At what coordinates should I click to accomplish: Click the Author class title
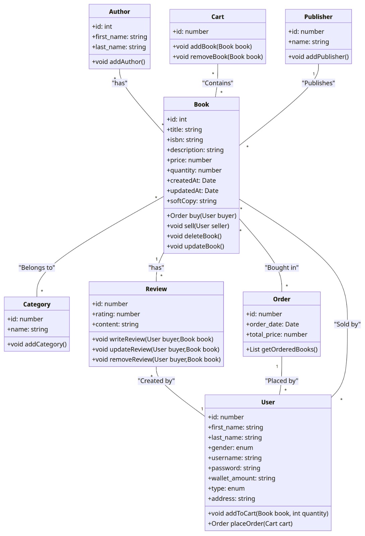(119, 11)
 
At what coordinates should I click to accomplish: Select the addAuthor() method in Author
(118, 62)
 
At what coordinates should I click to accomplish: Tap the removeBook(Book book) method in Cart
(218, 57)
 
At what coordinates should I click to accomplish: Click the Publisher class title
(318, 17)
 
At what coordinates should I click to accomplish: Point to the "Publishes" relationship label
(318, 83)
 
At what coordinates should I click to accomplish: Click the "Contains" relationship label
(218, 83)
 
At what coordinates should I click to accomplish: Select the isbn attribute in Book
(185, 140)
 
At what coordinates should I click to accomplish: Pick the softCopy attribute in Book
(191, 201)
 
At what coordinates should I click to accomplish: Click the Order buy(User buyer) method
(201, 216)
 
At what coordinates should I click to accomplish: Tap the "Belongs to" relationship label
(37, 268)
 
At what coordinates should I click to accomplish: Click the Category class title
(37, 304)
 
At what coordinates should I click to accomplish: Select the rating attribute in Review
(116, 314)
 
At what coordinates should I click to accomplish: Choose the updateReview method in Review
(156, 349)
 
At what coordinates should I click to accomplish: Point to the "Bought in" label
(282, 268)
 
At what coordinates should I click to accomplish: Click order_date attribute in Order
(272, 324)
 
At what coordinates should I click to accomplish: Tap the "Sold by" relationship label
(347, 324)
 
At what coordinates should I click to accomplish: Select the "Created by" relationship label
(156, 381)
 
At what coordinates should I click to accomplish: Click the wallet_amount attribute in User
(241, 478)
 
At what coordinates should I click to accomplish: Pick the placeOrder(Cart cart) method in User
(250, 523)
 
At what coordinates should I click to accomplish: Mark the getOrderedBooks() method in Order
(282, 349)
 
